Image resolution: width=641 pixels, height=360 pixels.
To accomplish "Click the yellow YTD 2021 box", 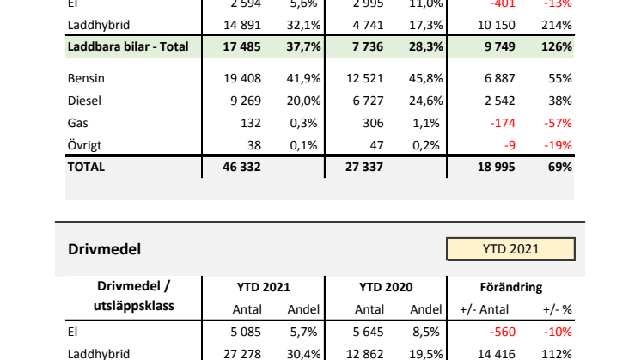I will tap(510, 249).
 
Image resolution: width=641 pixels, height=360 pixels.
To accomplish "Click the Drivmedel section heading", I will tap(104, 249).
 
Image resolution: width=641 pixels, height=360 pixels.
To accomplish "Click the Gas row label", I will tap(77, 123).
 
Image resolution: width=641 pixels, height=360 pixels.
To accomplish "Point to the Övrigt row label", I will tap(83, 145).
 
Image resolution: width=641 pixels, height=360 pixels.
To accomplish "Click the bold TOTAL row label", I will tap(86, 168).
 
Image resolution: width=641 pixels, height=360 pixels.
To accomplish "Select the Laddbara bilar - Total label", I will tap(127, 46).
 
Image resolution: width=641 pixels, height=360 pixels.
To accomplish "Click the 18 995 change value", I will tap(497, 168).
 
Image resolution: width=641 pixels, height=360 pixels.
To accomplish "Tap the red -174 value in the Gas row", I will tap(503, 123).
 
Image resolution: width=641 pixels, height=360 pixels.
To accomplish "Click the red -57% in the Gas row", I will tap(559, 123).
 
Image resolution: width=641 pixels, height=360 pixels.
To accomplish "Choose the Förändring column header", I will tap(510, 287).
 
